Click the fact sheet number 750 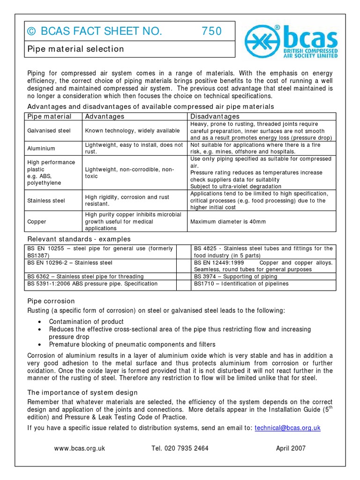click(x=211, y=31)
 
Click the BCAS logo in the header click(x=291, y=41)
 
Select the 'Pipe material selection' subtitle click(x=75, y=49)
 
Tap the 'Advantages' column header click(x=104, y=116)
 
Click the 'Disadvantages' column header click(x=215, y=116)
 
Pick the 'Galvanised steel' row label click(x=47, y=131)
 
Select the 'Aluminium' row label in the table click(x=41, y=149)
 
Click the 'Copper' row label click(x=37, y=221)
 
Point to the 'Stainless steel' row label click(x=46, y=201)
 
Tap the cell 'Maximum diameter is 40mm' click(x=228, y=221)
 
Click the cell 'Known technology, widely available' click(x=132, y=131)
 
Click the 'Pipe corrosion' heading click(x=51, y=301)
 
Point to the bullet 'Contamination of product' click(x=86, y=322)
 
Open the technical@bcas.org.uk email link click(x=287, y=427)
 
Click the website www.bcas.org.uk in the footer click(x=80, y=448)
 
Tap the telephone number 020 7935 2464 click(x=180, y=448)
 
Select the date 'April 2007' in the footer click(x=291, y=448)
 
